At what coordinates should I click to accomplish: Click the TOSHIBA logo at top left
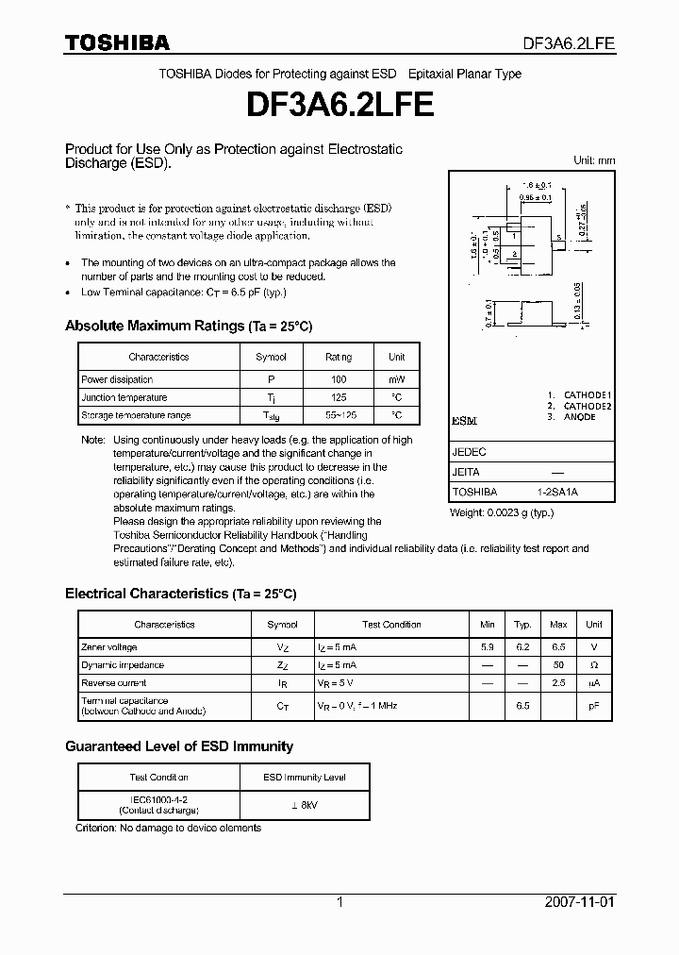[116, 42]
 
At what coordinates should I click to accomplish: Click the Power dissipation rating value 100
[338, 378]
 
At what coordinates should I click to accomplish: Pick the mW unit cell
[396, 378]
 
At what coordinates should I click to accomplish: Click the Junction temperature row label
[124, 397]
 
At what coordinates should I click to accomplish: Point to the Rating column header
[338, 358]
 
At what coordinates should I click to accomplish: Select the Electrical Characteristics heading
[180, 594]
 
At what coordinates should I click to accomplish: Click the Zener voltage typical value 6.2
[522, 647]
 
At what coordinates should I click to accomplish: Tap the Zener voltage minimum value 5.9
[487, 647]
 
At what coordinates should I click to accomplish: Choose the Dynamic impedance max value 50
[558, 665]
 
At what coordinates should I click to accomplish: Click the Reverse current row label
[113, 682]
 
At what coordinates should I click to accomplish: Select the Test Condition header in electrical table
[391, 625]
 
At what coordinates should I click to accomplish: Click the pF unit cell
[593, 706]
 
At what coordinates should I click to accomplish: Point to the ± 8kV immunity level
[304, 804]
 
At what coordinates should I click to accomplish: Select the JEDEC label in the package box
[469, 452]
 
